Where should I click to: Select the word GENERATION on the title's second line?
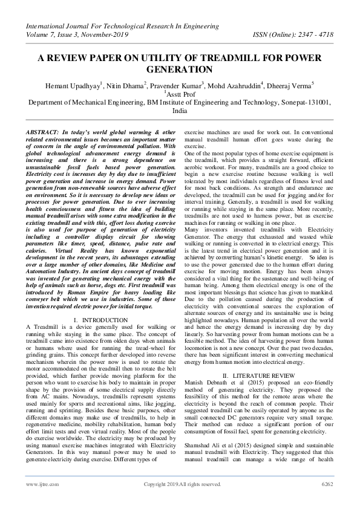pyautogui.click(x=180, y=70)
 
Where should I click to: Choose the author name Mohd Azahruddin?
pyautogui.click(x=240, y=85)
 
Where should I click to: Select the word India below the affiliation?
pyautogui.click(x=180, y=112)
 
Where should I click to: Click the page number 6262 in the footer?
pyautogui.click(x=327, y=501)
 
